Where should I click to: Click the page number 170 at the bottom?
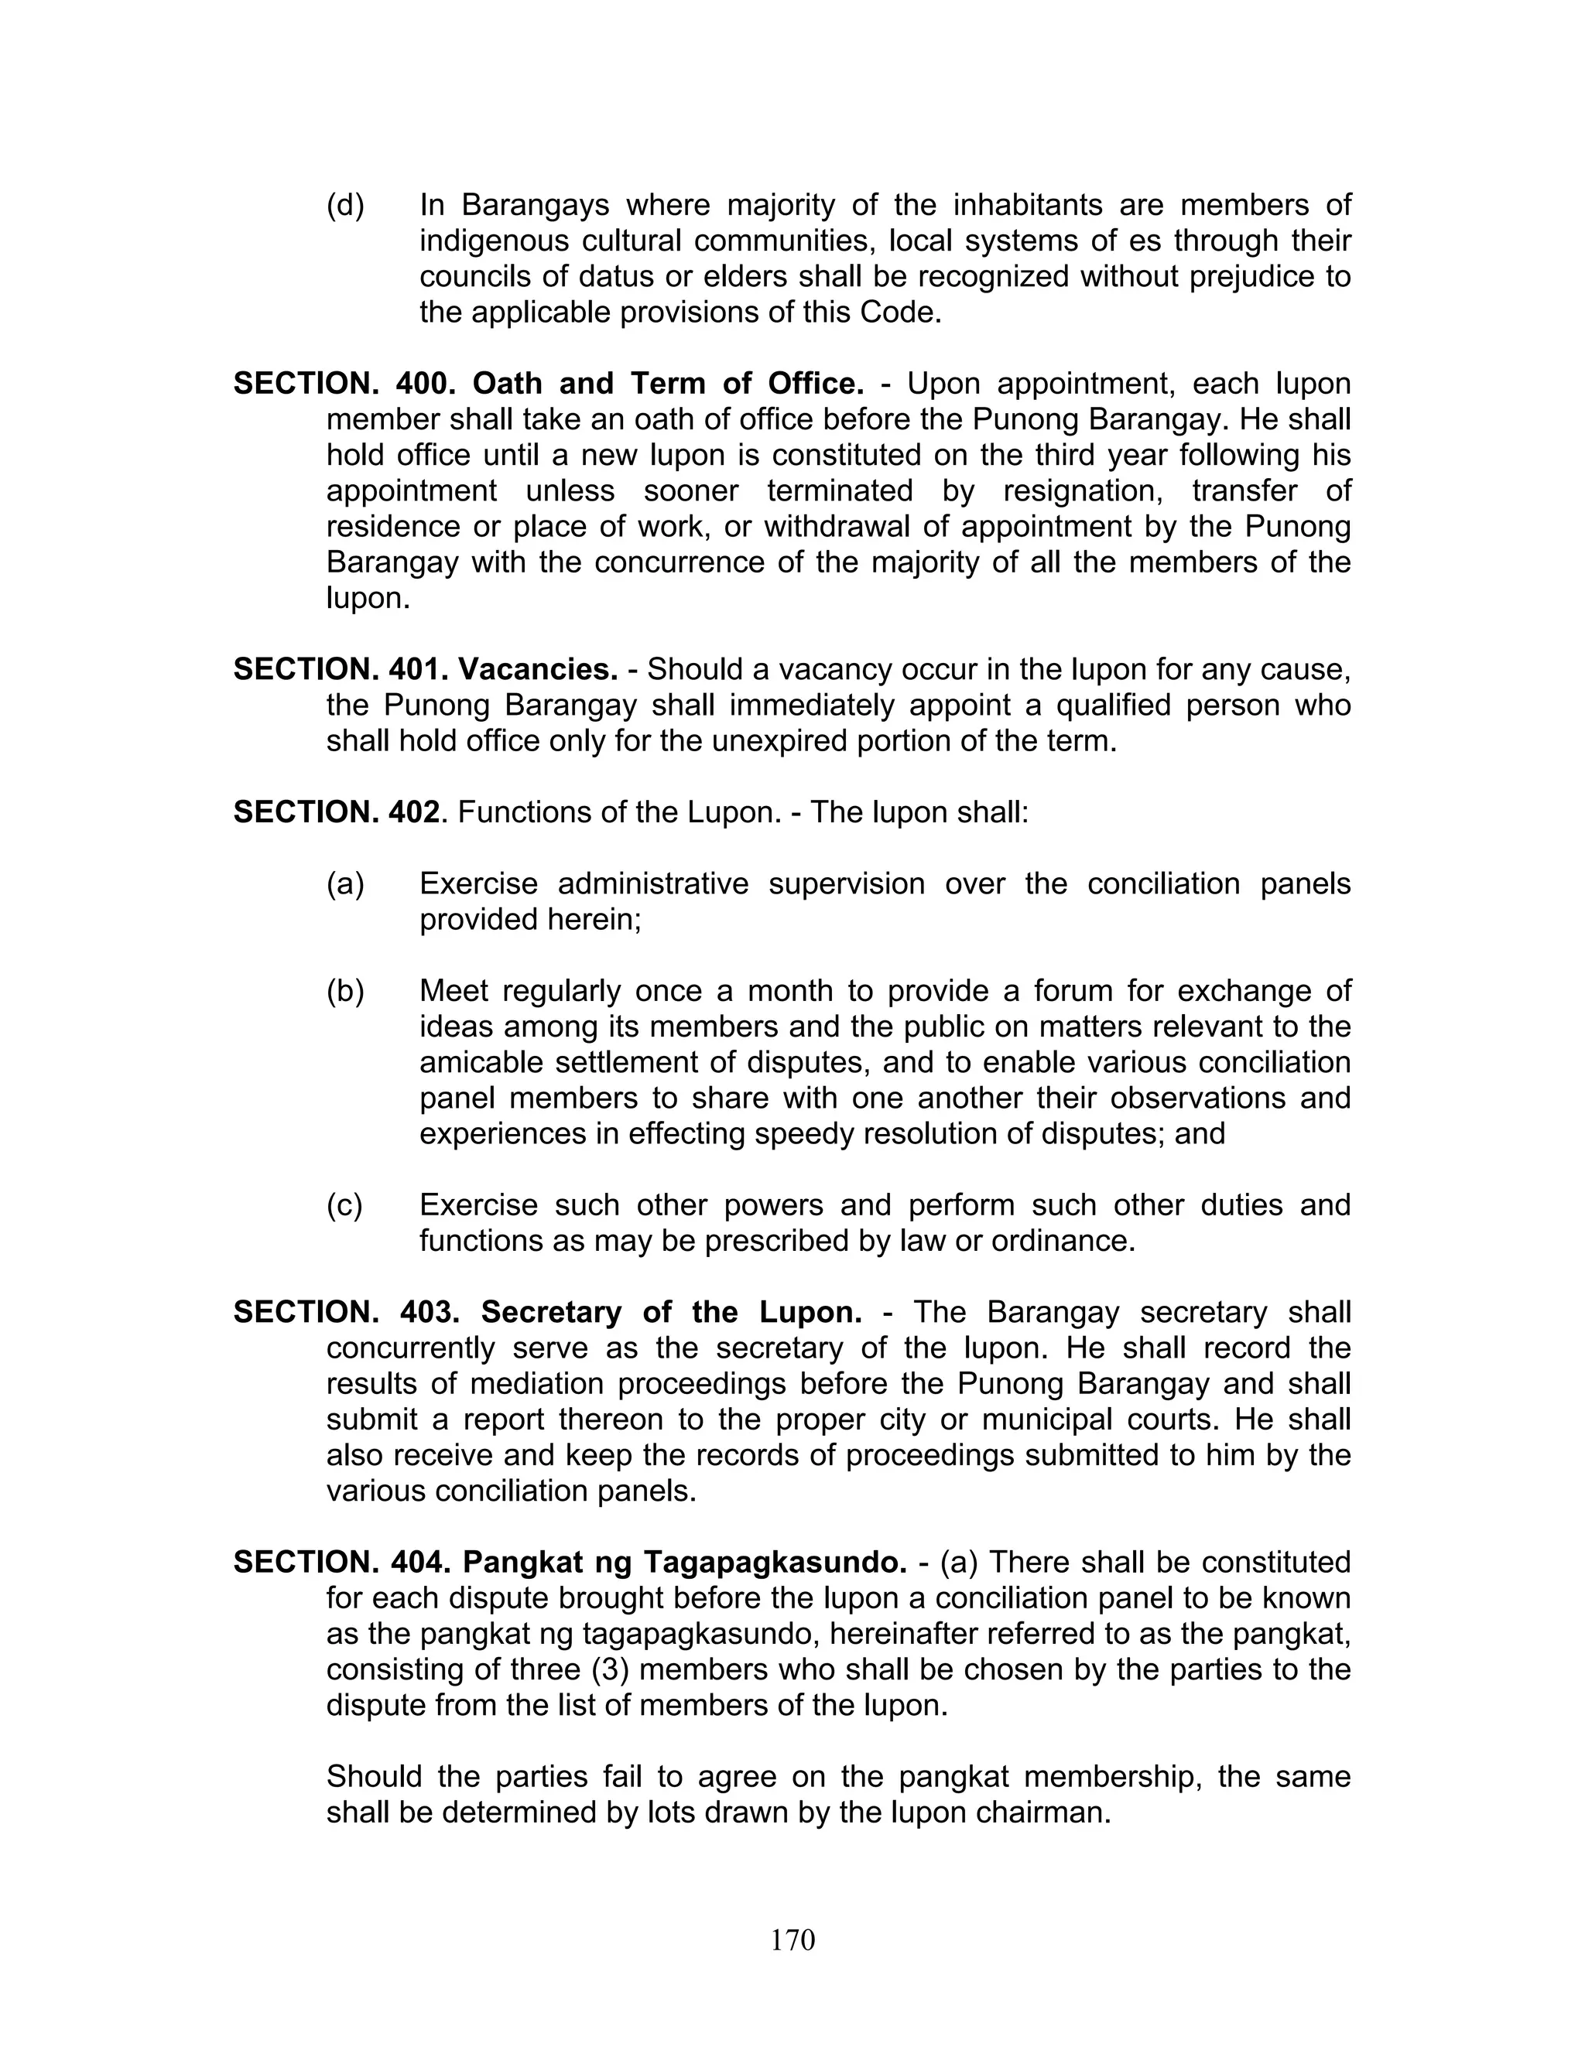(x=792, y=1939)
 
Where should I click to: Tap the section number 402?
(x=413, y=812)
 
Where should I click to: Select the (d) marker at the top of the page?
(x=344, y=206)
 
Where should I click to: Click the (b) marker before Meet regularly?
(x=344, y=991)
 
